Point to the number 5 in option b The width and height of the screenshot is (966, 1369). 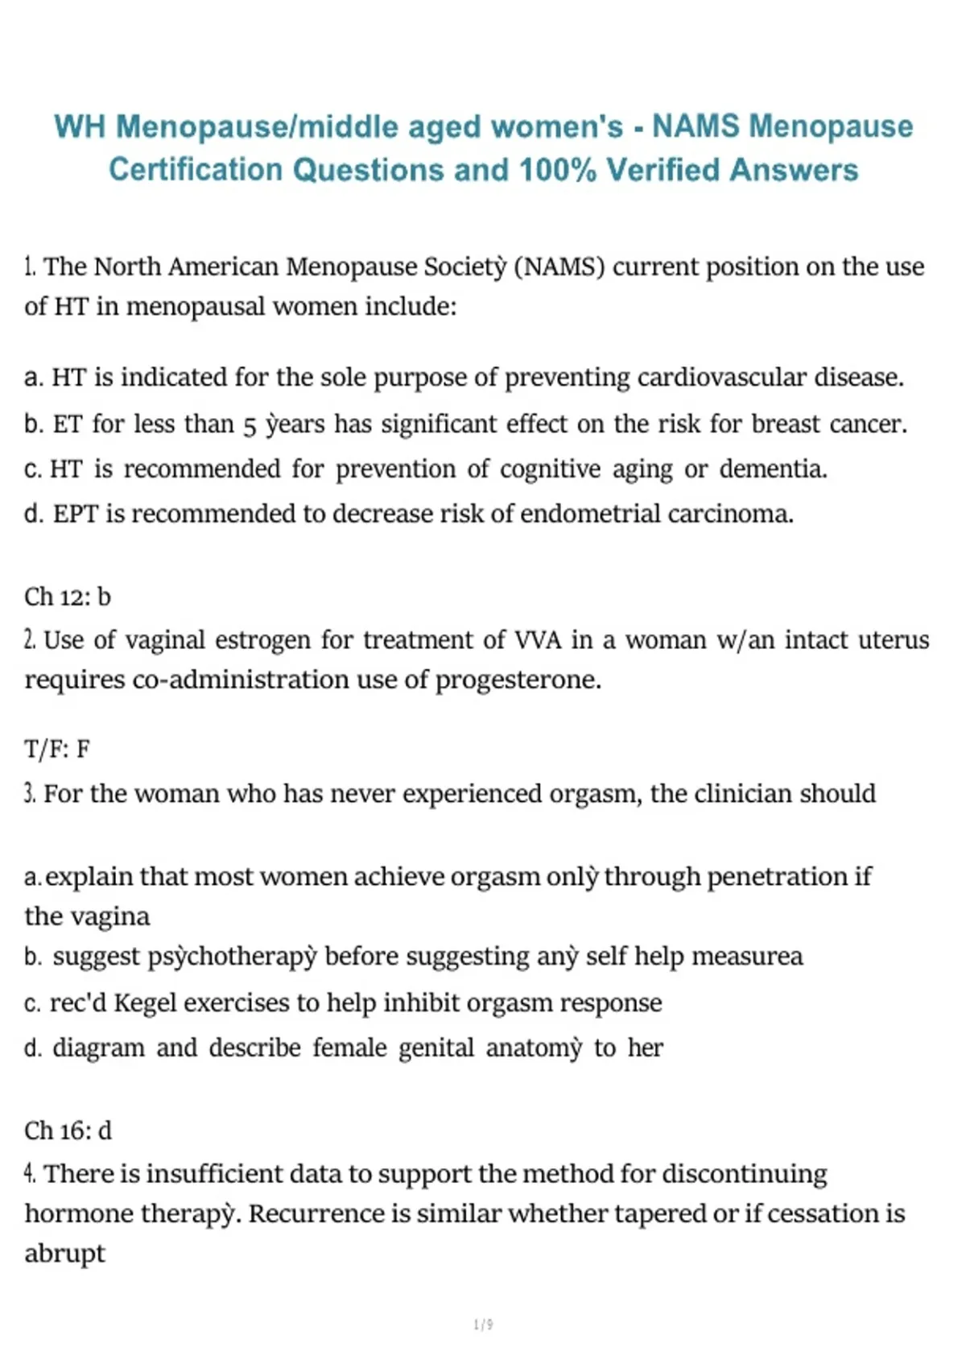pyautogui.click(x=250, y=424)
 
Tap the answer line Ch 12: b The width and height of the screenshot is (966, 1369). pyautogui.click(x=68, y=597)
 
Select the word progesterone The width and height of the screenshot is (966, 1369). pyautogui.click(x=518, y=680)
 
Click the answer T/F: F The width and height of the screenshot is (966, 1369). pyautogui.click(x=57, y=750)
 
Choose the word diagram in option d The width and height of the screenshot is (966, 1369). pyautogui.click(x=98, y=1048)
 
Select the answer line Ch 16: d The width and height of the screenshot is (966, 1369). pyautogui.click(x=68, y=1131)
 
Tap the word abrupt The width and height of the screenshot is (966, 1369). pyautogui.click(x=64, y=1254)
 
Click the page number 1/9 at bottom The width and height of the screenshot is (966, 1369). pyautogui.click(x=483, y=1324)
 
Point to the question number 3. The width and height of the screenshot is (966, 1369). pyautogui.click(x=30, y=794)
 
